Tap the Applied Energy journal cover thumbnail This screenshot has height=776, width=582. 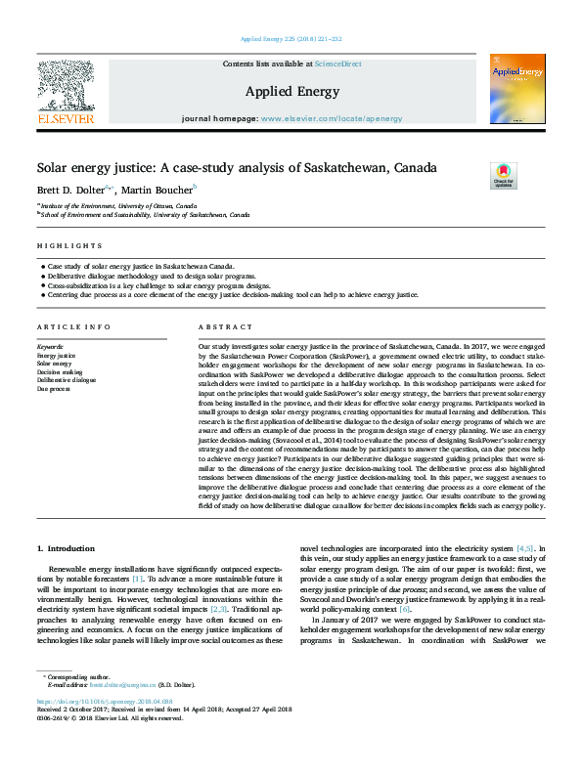click(517, 89)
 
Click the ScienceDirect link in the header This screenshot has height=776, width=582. click(338, 64)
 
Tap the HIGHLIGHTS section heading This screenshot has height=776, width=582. click(69, 245)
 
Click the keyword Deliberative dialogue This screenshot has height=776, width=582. click(67, 380)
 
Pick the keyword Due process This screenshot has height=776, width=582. click(55, 388)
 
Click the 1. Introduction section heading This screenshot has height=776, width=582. click(66, 549)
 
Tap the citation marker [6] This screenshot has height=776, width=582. click(391, 609)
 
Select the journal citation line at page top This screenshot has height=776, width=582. click(291, 38)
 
